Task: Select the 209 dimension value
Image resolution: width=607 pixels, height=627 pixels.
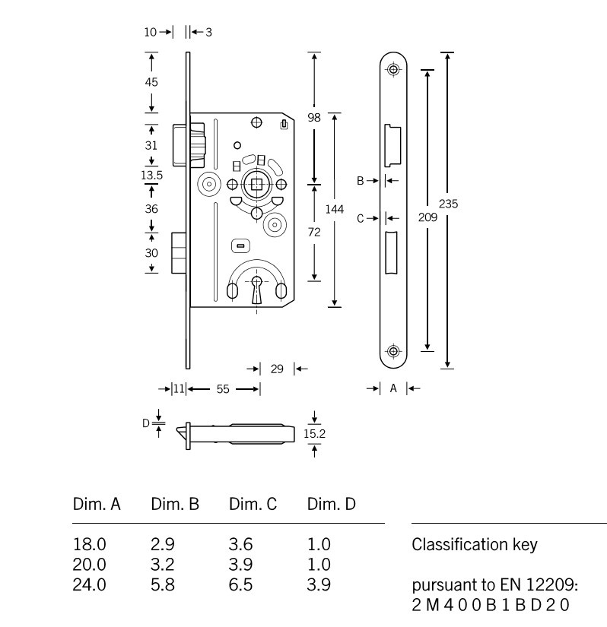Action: [x=428, y=217]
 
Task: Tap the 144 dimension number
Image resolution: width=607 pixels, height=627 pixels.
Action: [x=335, y=209]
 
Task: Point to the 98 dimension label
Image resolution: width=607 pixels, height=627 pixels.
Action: [x=314, y=118]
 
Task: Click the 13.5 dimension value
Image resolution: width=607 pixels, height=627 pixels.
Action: [x=152, y=175]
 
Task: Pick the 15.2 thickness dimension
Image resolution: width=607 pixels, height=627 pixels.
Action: [x=314, y=433]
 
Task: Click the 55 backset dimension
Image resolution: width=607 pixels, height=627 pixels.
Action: [x=222, y=389]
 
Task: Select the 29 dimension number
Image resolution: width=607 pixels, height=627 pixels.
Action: [x=277, y=369]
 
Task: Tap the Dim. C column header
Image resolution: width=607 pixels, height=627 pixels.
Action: [x=253, y=503]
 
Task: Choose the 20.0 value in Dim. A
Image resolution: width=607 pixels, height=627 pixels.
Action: [x=89, y=565]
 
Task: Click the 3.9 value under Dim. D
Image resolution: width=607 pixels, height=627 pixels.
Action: [x=319, y=585]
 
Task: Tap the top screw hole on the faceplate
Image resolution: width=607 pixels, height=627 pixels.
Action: [x=393, y=70]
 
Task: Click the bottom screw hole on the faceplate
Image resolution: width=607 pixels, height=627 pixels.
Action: [x=393, y=351]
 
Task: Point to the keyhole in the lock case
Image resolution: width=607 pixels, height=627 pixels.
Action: [x=257, y=290]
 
